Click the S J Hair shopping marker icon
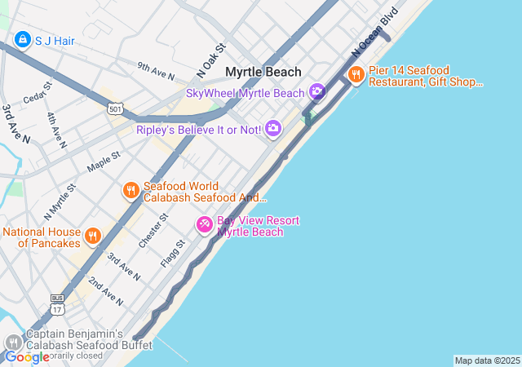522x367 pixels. tap(22, 39)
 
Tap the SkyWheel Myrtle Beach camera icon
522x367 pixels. tap(316, 93)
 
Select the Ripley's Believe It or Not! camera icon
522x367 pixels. tap(273, 128)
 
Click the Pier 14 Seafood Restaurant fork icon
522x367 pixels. tap(356, 76)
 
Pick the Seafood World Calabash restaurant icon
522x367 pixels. tap(130, 191)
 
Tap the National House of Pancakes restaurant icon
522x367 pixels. tap(93, 237)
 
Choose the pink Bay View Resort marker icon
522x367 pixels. tap(205, 223)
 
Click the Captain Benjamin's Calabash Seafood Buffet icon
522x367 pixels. tap(13, 343)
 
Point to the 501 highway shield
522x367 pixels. tap(115, 108)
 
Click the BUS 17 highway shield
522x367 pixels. tap(56, 303)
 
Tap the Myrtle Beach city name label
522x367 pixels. tap(263, 72)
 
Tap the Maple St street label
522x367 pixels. tap(104, 161)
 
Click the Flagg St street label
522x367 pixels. tap(174, 253)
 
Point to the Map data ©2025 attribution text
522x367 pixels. tap(487, 360)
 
